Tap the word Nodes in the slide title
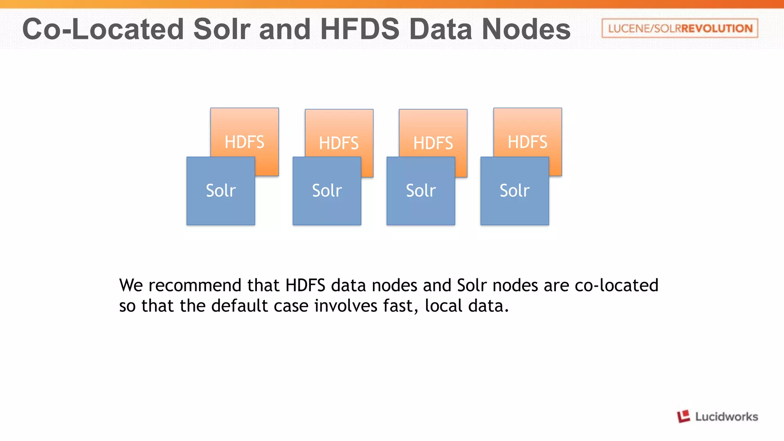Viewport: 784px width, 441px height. point(526,29)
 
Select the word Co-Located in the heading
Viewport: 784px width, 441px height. point(103,29)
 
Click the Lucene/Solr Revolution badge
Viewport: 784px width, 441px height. point(680,28)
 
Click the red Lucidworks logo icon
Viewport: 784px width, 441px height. point(683,416)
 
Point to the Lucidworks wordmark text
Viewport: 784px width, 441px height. point(726,416)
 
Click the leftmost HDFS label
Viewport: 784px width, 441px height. point(244,142)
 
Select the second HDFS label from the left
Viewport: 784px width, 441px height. point(339,143)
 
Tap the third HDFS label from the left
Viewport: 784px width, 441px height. point(433,143)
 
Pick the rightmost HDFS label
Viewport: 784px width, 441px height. point(528,142)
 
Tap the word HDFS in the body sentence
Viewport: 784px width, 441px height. point(305,285)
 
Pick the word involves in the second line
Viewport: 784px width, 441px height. point(346,305)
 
